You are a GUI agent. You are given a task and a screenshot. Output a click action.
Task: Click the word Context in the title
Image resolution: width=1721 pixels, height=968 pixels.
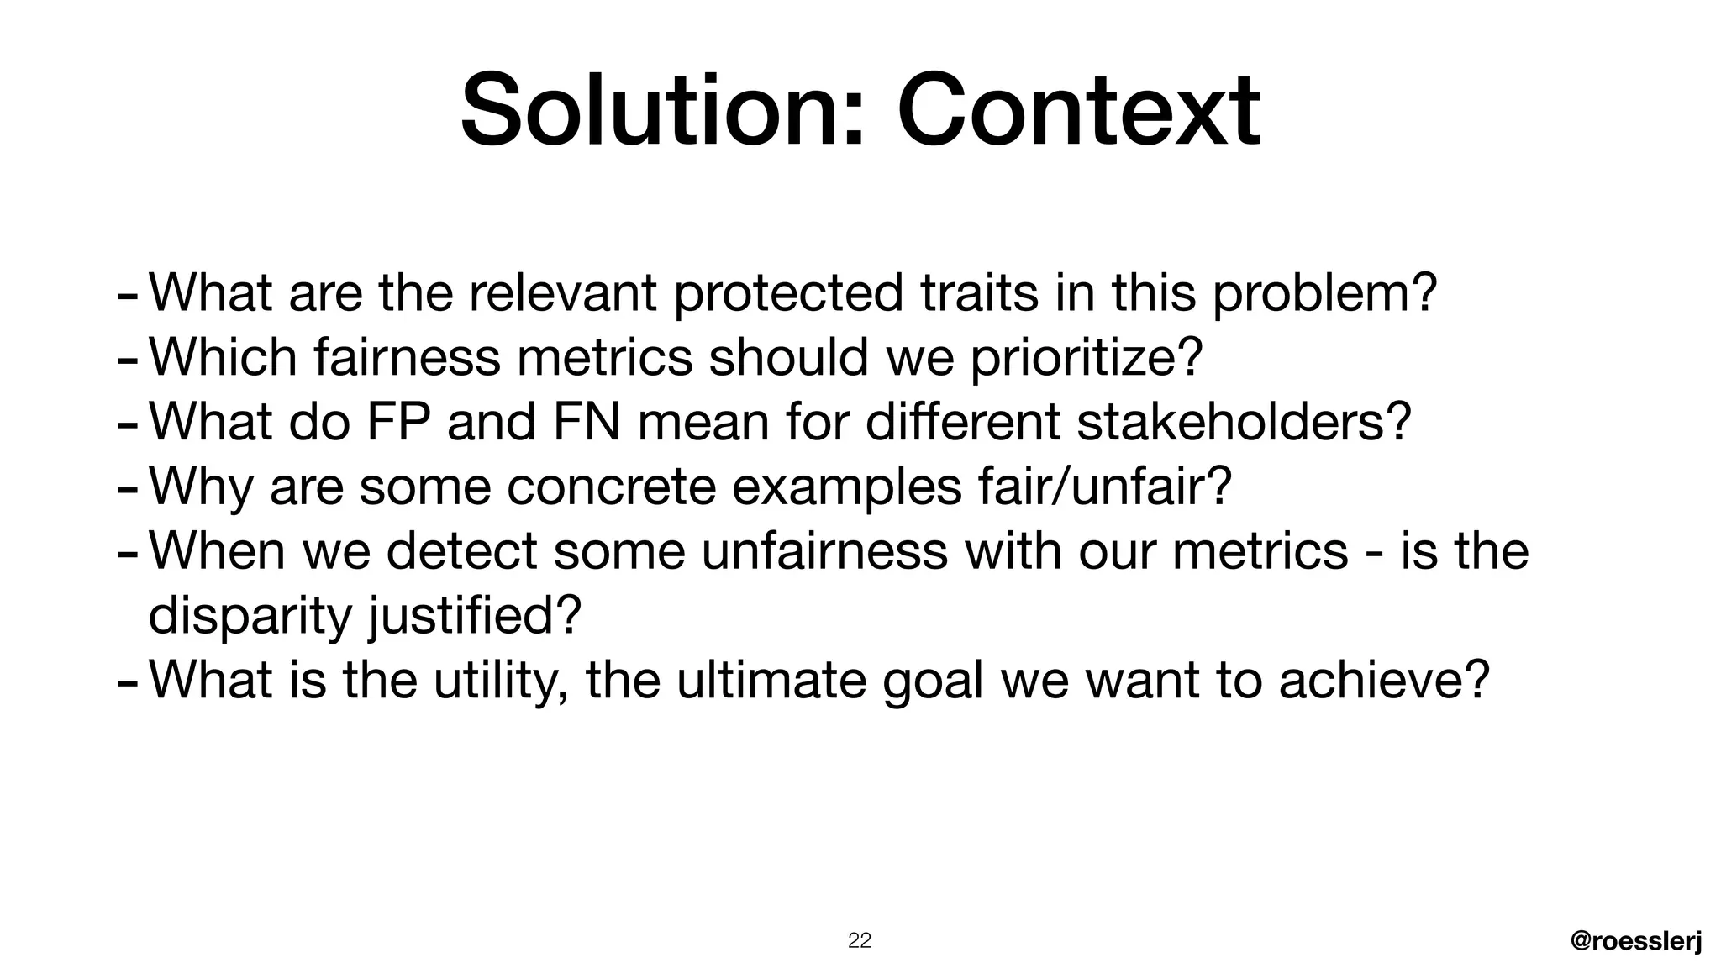click(x=1078, y=110)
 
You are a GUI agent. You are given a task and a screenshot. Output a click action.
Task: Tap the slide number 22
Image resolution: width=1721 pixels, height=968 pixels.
click(x=859, y=940)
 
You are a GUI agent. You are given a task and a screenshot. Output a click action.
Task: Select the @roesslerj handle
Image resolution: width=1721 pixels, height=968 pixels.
click(x=1636, y=942)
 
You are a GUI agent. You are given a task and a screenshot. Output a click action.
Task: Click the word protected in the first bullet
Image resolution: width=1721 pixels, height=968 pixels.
click(x=788, y=293)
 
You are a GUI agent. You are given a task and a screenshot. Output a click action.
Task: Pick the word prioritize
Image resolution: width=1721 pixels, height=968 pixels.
click(x=1086, y=358)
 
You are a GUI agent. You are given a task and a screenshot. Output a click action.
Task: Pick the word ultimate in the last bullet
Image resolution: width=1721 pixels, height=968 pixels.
click(x=771, y=680)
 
